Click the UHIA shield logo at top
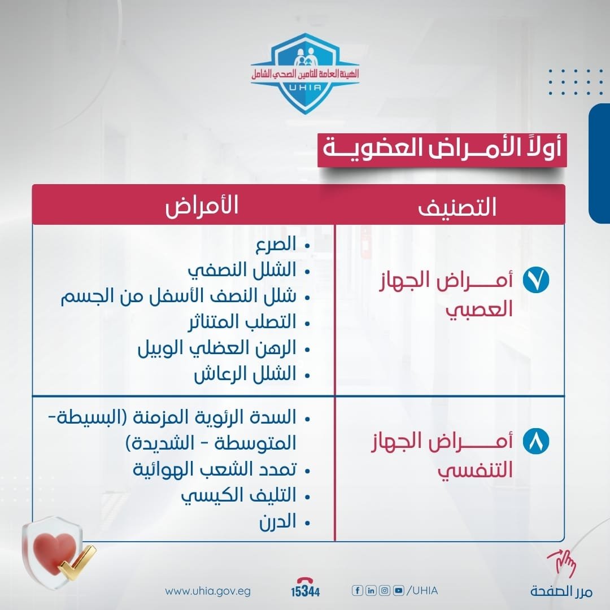[305, 73]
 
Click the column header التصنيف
[457, 207]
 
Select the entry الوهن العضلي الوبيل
[217, 348]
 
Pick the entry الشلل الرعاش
[245, 374]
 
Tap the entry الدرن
[277, 522]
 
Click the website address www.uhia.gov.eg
[208, 591]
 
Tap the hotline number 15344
[306, 591]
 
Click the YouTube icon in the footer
[399, 591]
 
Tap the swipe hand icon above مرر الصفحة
[561, 564]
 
